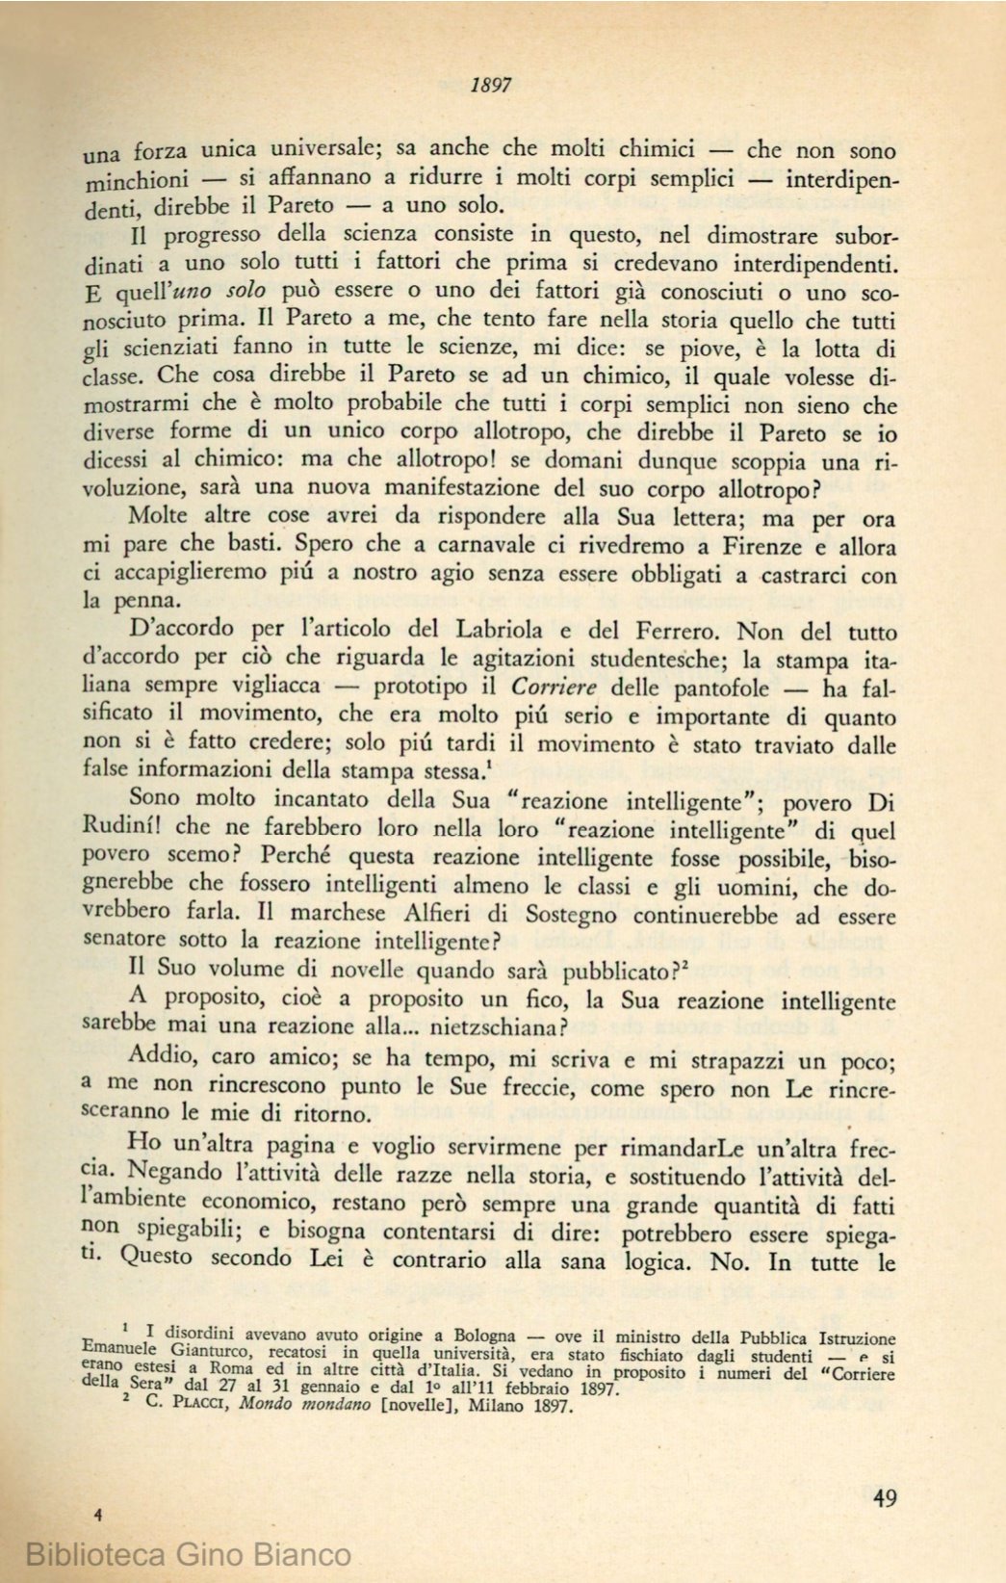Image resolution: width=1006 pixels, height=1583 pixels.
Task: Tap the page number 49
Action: point(885,1498)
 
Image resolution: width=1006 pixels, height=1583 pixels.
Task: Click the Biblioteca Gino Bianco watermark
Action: point(189,1553)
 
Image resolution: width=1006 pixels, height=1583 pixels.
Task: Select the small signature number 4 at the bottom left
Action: point(98,1514)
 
